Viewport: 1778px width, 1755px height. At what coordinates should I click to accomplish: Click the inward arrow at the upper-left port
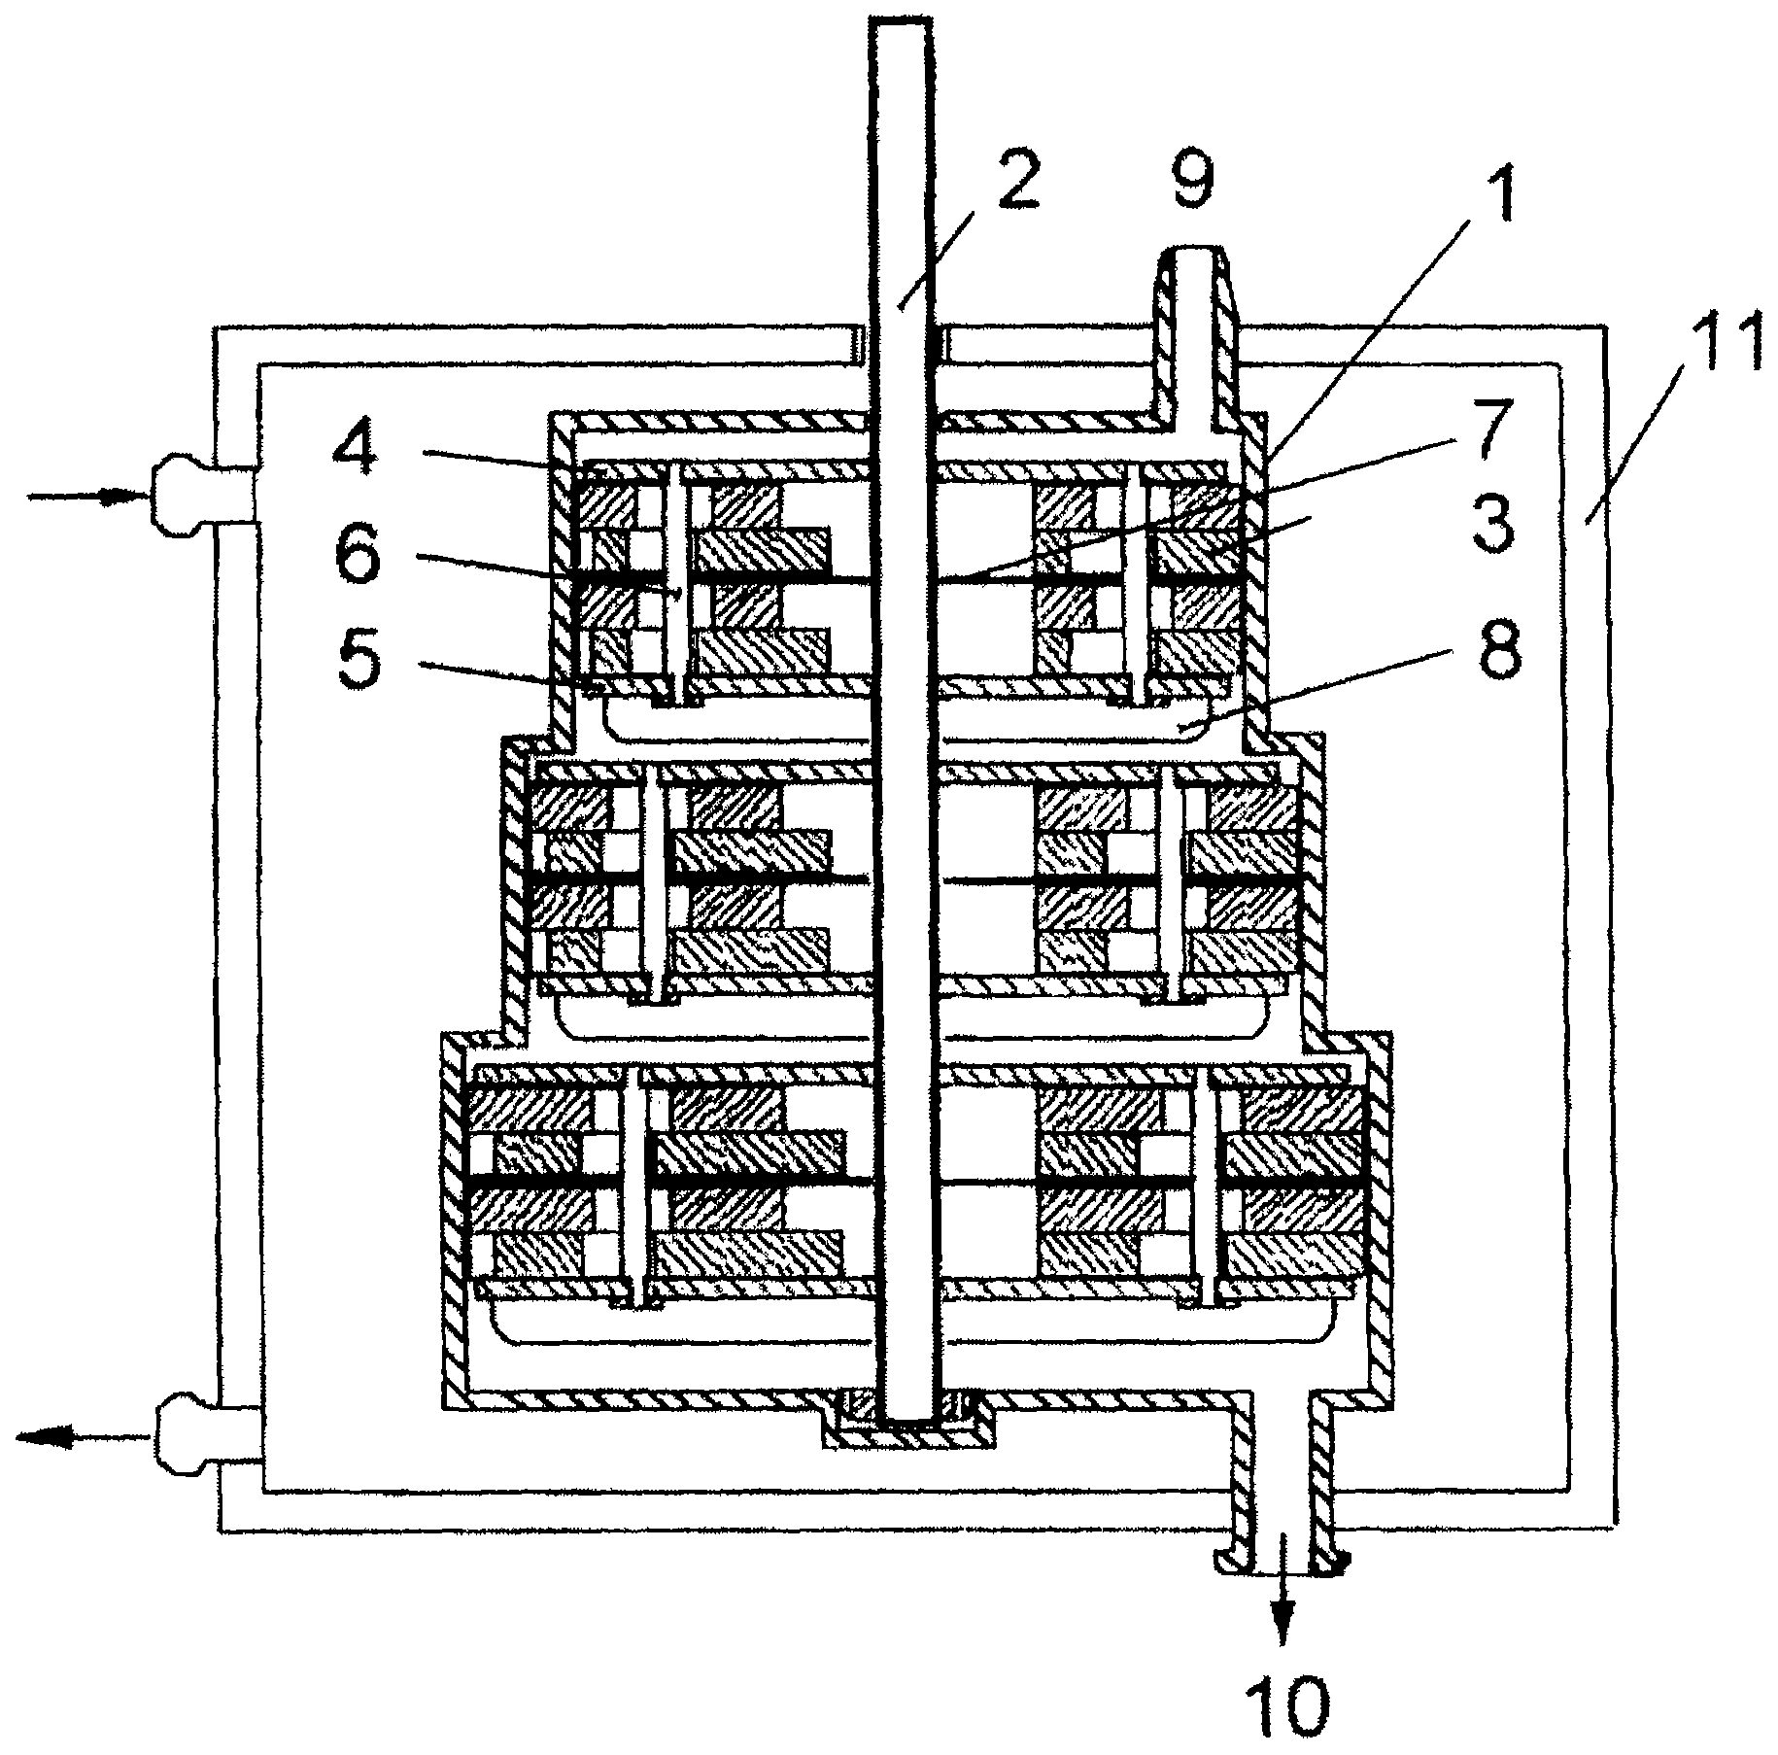(x=87, y=497)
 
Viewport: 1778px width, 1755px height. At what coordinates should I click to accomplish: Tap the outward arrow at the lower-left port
(x=83, y=1436)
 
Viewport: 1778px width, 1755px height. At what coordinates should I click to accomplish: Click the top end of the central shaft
(x=903, y=24)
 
